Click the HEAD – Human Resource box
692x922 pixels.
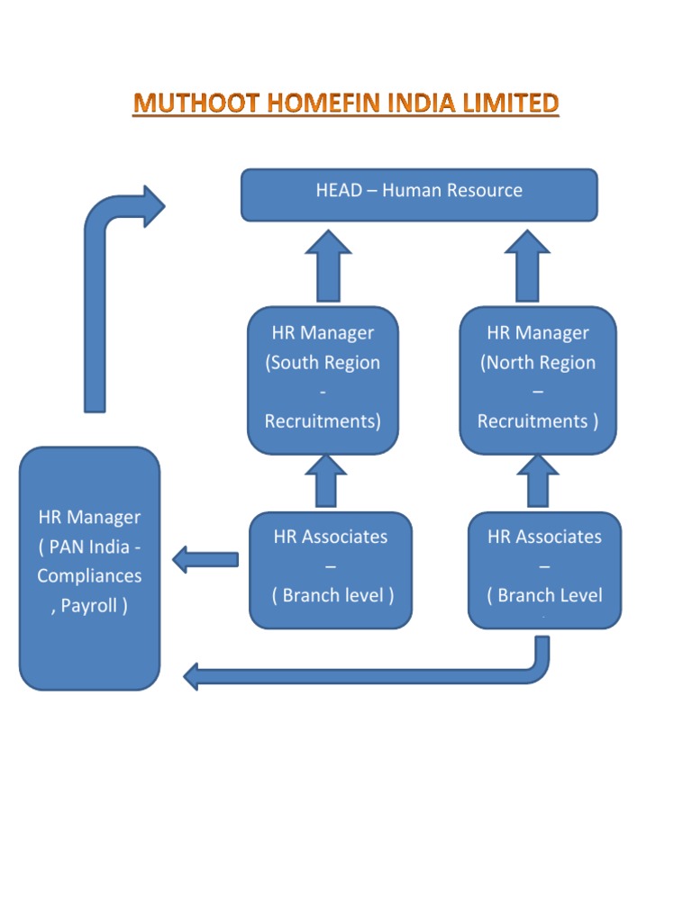pos(419,194)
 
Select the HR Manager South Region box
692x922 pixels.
pos(323,380)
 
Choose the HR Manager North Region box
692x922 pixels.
pos(538,380)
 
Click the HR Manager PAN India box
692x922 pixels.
pos(89,568)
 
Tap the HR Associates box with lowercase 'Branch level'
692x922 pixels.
pos(330,570)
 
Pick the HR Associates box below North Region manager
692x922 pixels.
pos(544,570)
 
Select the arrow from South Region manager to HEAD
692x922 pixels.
pos(328,266)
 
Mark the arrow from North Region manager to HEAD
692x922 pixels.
pos(527,266)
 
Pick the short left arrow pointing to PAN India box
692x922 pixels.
pos(205,559)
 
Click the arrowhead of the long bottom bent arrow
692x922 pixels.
pos(191,675)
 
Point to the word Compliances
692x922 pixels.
pos(89,576)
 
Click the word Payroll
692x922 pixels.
pos(94,606)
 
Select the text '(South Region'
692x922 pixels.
pos(323,363)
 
